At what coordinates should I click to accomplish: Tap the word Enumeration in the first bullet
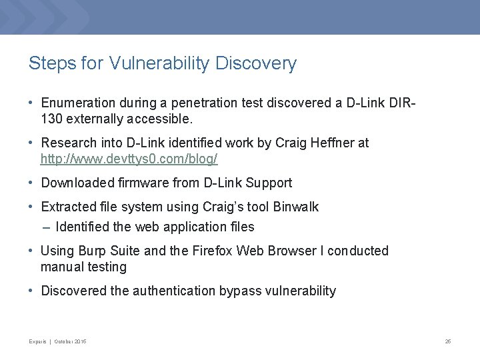77,103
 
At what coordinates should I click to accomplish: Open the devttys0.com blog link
129,159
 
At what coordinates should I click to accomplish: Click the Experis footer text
37,341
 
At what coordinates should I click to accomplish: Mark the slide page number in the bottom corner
448,341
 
